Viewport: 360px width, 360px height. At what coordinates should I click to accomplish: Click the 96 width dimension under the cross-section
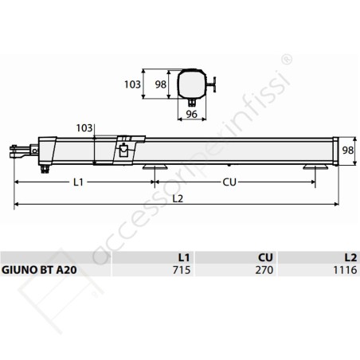pyautogui.click(x=192, y=113)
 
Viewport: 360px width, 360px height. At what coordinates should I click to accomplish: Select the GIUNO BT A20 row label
pyautogui.click(x=40, y=271)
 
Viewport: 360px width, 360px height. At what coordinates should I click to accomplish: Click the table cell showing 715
pyautogui.click(x=179, y=271)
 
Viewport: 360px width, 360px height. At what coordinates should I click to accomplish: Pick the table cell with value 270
pyautogui.click(x=264, y=271)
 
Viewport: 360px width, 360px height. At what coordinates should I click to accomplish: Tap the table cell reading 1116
pyautogui.click(x=342, y=271)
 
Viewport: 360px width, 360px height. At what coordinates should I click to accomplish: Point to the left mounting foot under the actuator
pyautogui.click(x=155, y=166)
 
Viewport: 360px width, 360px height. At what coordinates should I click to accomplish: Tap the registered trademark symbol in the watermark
pyautogui.click(x=287, y=60)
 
